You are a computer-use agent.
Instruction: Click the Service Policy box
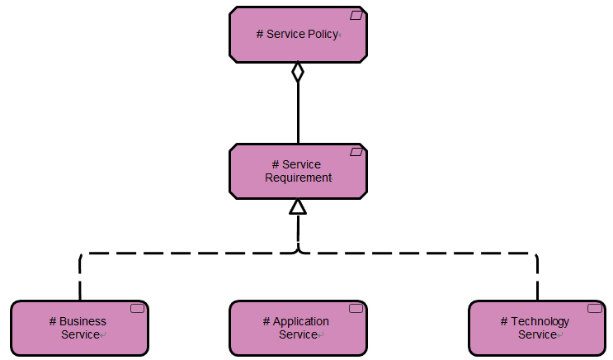click(298, 35)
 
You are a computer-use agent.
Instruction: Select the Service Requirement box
click(298, 172)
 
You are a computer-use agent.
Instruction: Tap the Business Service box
click(80, 329)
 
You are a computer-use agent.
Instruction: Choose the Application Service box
click(298, 329)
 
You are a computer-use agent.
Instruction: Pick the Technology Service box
click(537, 329)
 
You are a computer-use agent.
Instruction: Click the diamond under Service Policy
click(298, 72)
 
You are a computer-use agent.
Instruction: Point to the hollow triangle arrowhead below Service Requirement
click(298, 207)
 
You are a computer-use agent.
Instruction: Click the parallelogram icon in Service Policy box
click(356, 15)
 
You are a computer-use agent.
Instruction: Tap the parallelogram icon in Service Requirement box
click(356, 152)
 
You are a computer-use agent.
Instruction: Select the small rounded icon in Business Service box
click(137, 308)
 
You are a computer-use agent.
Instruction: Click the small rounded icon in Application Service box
click(356, 308)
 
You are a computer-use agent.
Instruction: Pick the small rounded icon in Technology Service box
click(595, 308)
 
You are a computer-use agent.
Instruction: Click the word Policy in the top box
click(323, 35)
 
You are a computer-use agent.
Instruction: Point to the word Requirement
click(299, 178)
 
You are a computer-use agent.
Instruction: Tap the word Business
click(83, 321)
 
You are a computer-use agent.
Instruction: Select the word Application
click(300, 322)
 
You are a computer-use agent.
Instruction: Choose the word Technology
click(540, 322)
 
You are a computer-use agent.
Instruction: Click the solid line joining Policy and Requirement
click(298, 113)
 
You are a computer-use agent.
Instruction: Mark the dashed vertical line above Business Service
click(80, 277)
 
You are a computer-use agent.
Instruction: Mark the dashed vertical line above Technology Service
click(538, 277)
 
